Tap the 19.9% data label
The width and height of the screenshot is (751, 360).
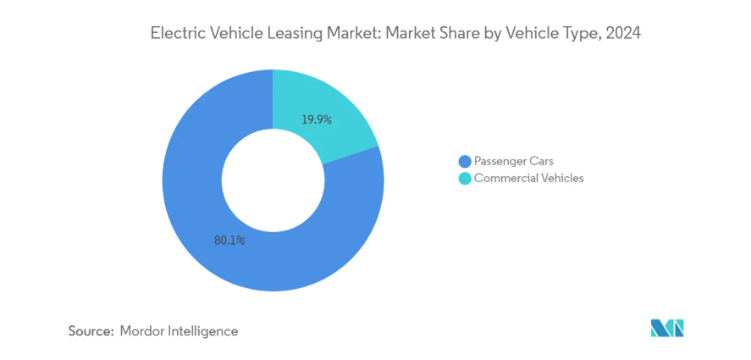tap(317, 119)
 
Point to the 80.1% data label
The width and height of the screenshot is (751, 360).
tap(229, 241)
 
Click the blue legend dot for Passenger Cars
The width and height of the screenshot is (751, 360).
tap(464, 161)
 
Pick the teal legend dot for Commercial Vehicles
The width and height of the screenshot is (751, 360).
tap(464, 179)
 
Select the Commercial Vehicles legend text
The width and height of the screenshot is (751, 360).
tap(529, 179)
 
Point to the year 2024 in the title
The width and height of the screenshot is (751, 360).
tap(621, 34)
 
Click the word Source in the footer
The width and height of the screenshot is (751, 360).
tap(90, 331)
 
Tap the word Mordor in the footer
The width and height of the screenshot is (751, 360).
tap(143, 331)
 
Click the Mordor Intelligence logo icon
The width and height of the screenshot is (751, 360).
tap(667, 329)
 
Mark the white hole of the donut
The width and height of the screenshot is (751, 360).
tap(273, 180)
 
